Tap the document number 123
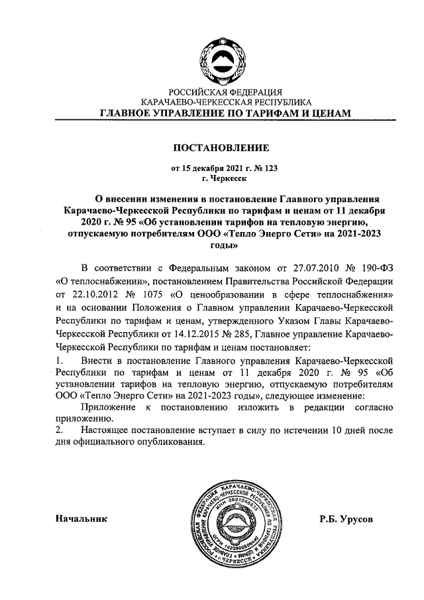point(268,168)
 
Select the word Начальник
point(81,520)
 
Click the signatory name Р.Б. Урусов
point(344,520)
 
